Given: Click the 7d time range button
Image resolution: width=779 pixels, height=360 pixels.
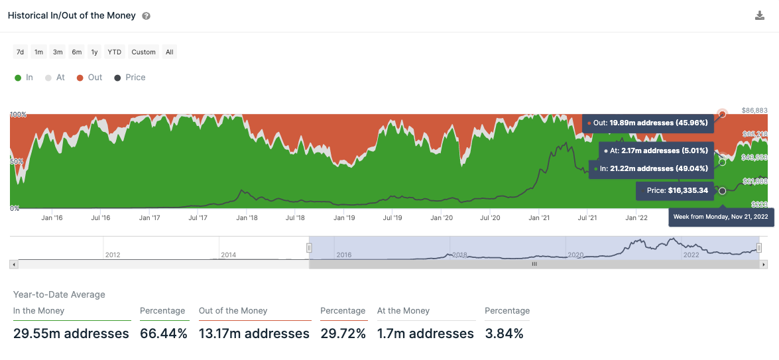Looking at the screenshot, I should click(x=21, y=52).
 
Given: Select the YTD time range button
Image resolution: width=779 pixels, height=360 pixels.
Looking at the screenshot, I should click(x=115, y=52).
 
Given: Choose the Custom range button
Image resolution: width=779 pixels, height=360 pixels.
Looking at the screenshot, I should click(x=143, y=52).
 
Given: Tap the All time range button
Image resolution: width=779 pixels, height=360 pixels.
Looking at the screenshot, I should click(x=170, y=52).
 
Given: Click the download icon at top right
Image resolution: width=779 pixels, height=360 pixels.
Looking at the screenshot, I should click(x=760, y=16).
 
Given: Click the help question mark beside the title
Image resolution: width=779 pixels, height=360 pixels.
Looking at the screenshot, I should click(x=146, y=16).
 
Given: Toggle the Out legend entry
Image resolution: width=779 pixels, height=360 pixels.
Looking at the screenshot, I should click(x=90, y=78).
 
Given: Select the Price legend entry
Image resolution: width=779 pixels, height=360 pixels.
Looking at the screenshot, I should click(x=130, y=78).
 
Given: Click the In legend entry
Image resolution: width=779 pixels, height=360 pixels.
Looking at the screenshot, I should click(x=24, y=78).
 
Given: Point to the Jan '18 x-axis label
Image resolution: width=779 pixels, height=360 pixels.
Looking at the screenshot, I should click(x=247, y=217).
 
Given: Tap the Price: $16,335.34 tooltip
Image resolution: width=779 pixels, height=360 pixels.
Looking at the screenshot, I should click(x=675, y=191).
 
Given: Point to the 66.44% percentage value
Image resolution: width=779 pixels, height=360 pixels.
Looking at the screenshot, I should click(x=163, y=333).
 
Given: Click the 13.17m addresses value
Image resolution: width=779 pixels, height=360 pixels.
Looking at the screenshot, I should click(x=254, y=333).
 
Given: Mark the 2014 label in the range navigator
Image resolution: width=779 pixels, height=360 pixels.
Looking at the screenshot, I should click(x=228, y=255).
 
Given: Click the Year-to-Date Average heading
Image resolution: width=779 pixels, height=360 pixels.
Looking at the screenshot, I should click(x=59, y=294).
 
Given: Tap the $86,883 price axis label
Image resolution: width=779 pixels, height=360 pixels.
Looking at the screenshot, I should click(x=754, y=110).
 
